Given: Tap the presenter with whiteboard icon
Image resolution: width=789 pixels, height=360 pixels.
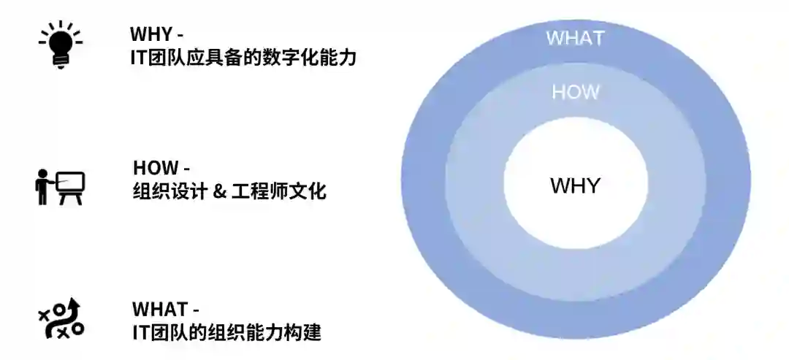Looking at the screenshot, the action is (x=60, y=187).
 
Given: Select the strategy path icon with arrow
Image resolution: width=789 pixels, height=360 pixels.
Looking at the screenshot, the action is (x=61, y=319).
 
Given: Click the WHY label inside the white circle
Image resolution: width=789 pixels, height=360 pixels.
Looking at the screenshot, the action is (x=575, y=185).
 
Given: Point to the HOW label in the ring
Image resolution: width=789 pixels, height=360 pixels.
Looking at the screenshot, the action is (x=575, y=92).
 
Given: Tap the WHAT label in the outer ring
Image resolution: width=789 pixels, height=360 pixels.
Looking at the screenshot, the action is (x=575, y=37).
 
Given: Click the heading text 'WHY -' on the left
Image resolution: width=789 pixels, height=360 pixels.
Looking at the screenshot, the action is (x=156, y=34).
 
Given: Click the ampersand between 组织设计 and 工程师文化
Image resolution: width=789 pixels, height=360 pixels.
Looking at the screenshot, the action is (x=217, y=192).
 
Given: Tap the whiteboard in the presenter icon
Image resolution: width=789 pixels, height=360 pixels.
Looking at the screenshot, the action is (x=71, y=182).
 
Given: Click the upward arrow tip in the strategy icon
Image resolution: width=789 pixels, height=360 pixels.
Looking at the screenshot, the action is (x=74, y=302).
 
